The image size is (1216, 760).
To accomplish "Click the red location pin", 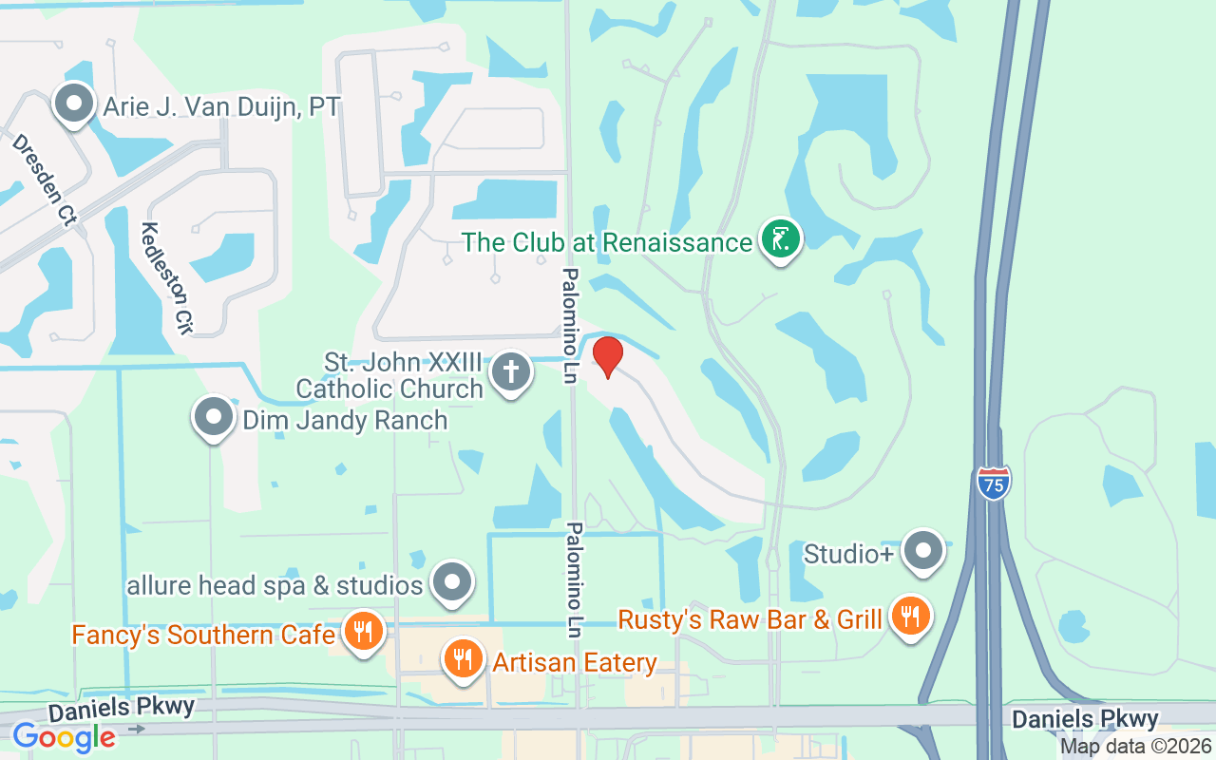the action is (x=607, y=357).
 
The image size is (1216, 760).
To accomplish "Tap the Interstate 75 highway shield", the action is (x=993, y=484).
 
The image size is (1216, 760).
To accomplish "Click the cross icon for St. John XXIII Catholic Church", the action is (x=511, y=371).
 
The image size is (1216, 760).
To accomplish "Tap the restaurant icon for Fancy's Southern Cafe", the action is (x=363, y=631).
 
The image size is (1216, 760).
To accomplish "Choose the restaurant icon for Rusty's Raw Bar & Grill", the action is (x=910, y=616).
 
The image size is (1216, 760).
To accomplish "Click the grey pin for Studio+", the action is (x=922, y=551).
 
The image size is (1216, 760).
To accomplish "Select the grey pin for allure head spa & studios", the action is (x=453, y=581).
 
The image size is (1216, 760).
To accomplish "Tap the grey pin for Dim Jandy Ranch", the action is (x=213, y=417).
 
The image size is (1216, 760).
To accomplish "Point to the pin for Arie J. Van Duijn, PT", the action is (x=74, y=104).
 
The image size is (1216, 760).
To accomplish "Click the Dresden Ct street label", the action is (x=44, y=180).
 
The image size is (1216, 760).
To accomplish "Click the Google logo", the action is (x=64, y=736).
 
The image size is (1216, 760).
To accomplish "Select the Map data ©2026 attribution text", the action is (x=1136, y=746).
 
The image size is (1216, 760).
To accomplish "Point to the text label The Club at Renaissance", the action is (x=607, y=242).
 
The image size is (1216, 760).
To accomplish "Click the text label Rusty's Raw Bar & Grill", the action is (x=750, y=620).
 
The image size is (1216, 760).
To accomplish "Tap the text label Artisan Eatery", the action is (x=574, y=662).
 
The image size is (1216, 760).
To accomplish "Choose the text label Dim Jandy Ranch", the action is (x=345, y=420).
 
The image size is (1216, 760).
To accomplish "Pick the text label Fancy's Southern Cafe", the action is (x=203, y=635).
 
